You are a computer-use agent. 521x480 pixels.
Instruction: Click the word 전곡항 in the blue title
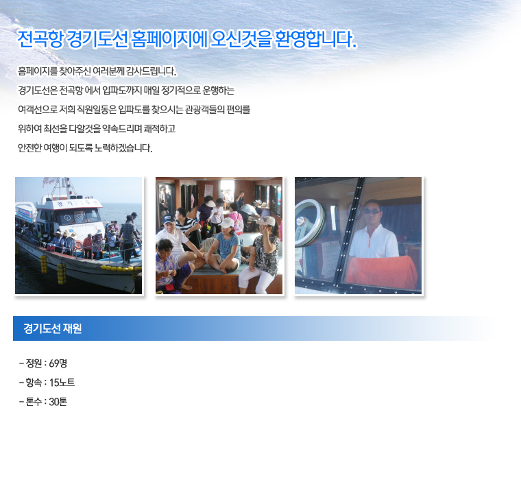40,39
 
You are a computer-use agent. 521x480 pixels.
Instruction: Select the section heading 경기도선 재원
53,328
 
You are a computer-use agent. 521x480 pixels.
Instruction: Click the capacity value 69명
58,363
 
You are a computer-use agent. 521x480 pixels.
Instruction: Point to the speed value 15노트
62,383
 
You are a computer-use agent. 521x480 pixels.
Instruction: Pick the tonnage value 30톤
58,402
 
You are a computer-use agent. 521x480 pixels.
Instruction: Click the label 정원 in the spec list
34,363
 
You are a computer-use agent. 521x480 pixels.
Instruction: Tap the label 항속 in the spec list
34,383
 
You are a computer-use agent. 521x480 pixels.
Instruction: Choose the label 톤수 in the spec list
34,402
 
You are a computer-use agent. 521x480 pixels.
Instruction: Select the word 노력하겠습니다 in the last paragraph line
123,148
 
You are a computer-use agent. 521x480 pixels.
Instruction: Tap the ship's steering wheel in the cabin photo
309,224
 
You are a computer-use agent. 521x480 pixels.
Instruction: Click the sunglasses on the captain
372,211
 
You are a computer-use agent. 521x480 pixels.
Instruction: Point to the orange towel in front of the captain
381,272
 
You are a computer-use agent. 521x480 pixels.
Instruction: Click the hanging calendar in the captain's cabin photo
330,259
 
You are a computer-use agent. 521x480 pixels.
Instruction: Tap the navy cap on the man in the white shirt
169,219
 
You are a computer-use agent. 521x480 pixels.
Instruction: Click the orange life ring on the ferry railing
79,246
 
